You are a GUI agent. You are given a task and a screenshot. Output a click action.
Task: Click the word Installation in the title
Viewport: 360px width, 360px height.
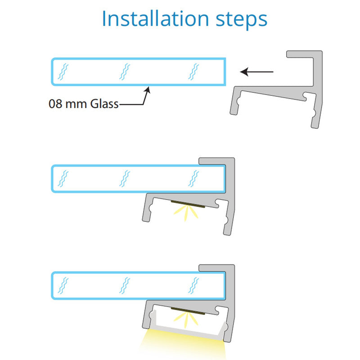(155, 18)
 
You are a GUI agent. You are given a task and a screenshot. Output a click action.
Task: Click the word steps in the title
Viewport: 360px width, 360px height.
(242, 20)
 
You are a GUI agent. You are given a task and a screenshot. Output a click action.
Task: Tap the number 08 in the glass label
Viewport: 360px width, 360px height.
(55, 104)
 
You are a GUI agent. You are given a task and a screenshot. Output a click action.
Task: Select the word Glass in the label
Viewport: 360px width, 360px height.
(104, 104)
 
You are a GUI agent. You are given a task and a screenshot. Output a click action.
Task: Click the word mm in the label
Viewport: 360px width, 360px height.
(76, 105)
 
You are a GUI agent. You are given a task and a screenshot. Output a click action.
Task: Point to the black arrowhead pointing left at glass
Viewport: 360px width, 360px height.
(244, 72)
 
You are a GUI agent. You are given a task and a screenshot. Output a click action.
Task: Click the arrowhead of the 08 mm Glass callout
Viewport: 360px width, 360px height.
(148, 90)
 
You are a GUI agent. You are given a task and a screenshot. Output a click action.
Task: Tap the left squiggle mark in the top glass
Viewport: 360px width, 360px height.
(63, 72)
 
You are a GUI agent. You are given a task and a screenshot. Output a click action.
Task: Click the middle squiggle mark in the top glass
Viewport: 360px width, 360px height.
(125, 72)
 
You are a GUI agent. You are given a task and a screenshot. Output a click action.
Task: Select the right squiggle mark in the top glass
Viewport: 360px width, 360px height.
(193, 72)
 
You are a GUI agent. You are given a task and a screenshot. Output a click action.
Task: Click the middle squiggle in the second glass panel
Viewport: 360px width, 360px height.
(125, 178)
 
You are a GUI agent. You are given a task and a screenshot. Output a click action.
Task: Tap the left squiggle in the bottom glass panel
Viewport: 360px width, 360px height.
(63, 285)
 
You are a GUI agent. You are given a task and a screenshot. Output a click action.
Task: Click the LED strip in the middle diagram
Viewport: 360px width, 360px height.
(188, 204)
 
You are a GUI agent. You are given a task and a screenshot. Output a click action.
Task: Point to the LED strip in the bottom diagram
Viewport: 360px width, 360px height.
(188, 311)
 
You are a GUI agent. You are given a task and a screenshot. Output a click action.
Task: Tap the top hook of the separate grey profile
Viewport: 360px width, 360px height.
(301, 54)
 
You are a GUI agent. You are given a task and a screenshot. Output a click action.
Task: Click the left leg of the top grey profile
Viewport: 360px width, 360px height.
(235, 102)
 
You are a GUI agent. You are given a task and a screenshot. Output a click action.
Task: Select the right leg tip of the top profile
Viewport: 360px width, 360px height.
(315, 126)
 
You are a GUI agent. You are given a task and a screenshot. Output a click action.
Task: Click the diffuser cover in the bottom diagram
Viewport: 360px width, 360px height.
(189, 329)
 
